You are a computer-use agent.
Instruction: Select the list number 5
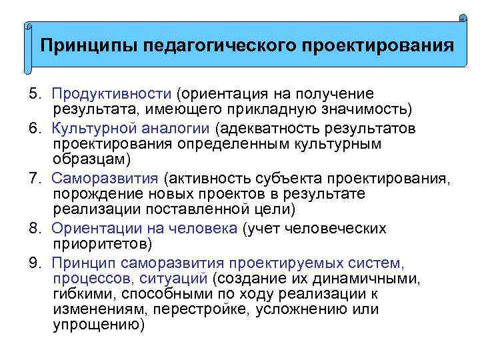point(34,93)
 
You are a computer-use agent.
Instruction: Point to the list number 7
point(34,178)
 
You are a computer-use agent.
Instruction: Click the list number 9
point(34,262)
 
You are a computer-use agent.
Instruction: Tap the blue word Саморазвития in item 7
point(105,178)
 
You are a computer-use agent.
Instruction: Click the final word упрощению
point(97,325)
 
